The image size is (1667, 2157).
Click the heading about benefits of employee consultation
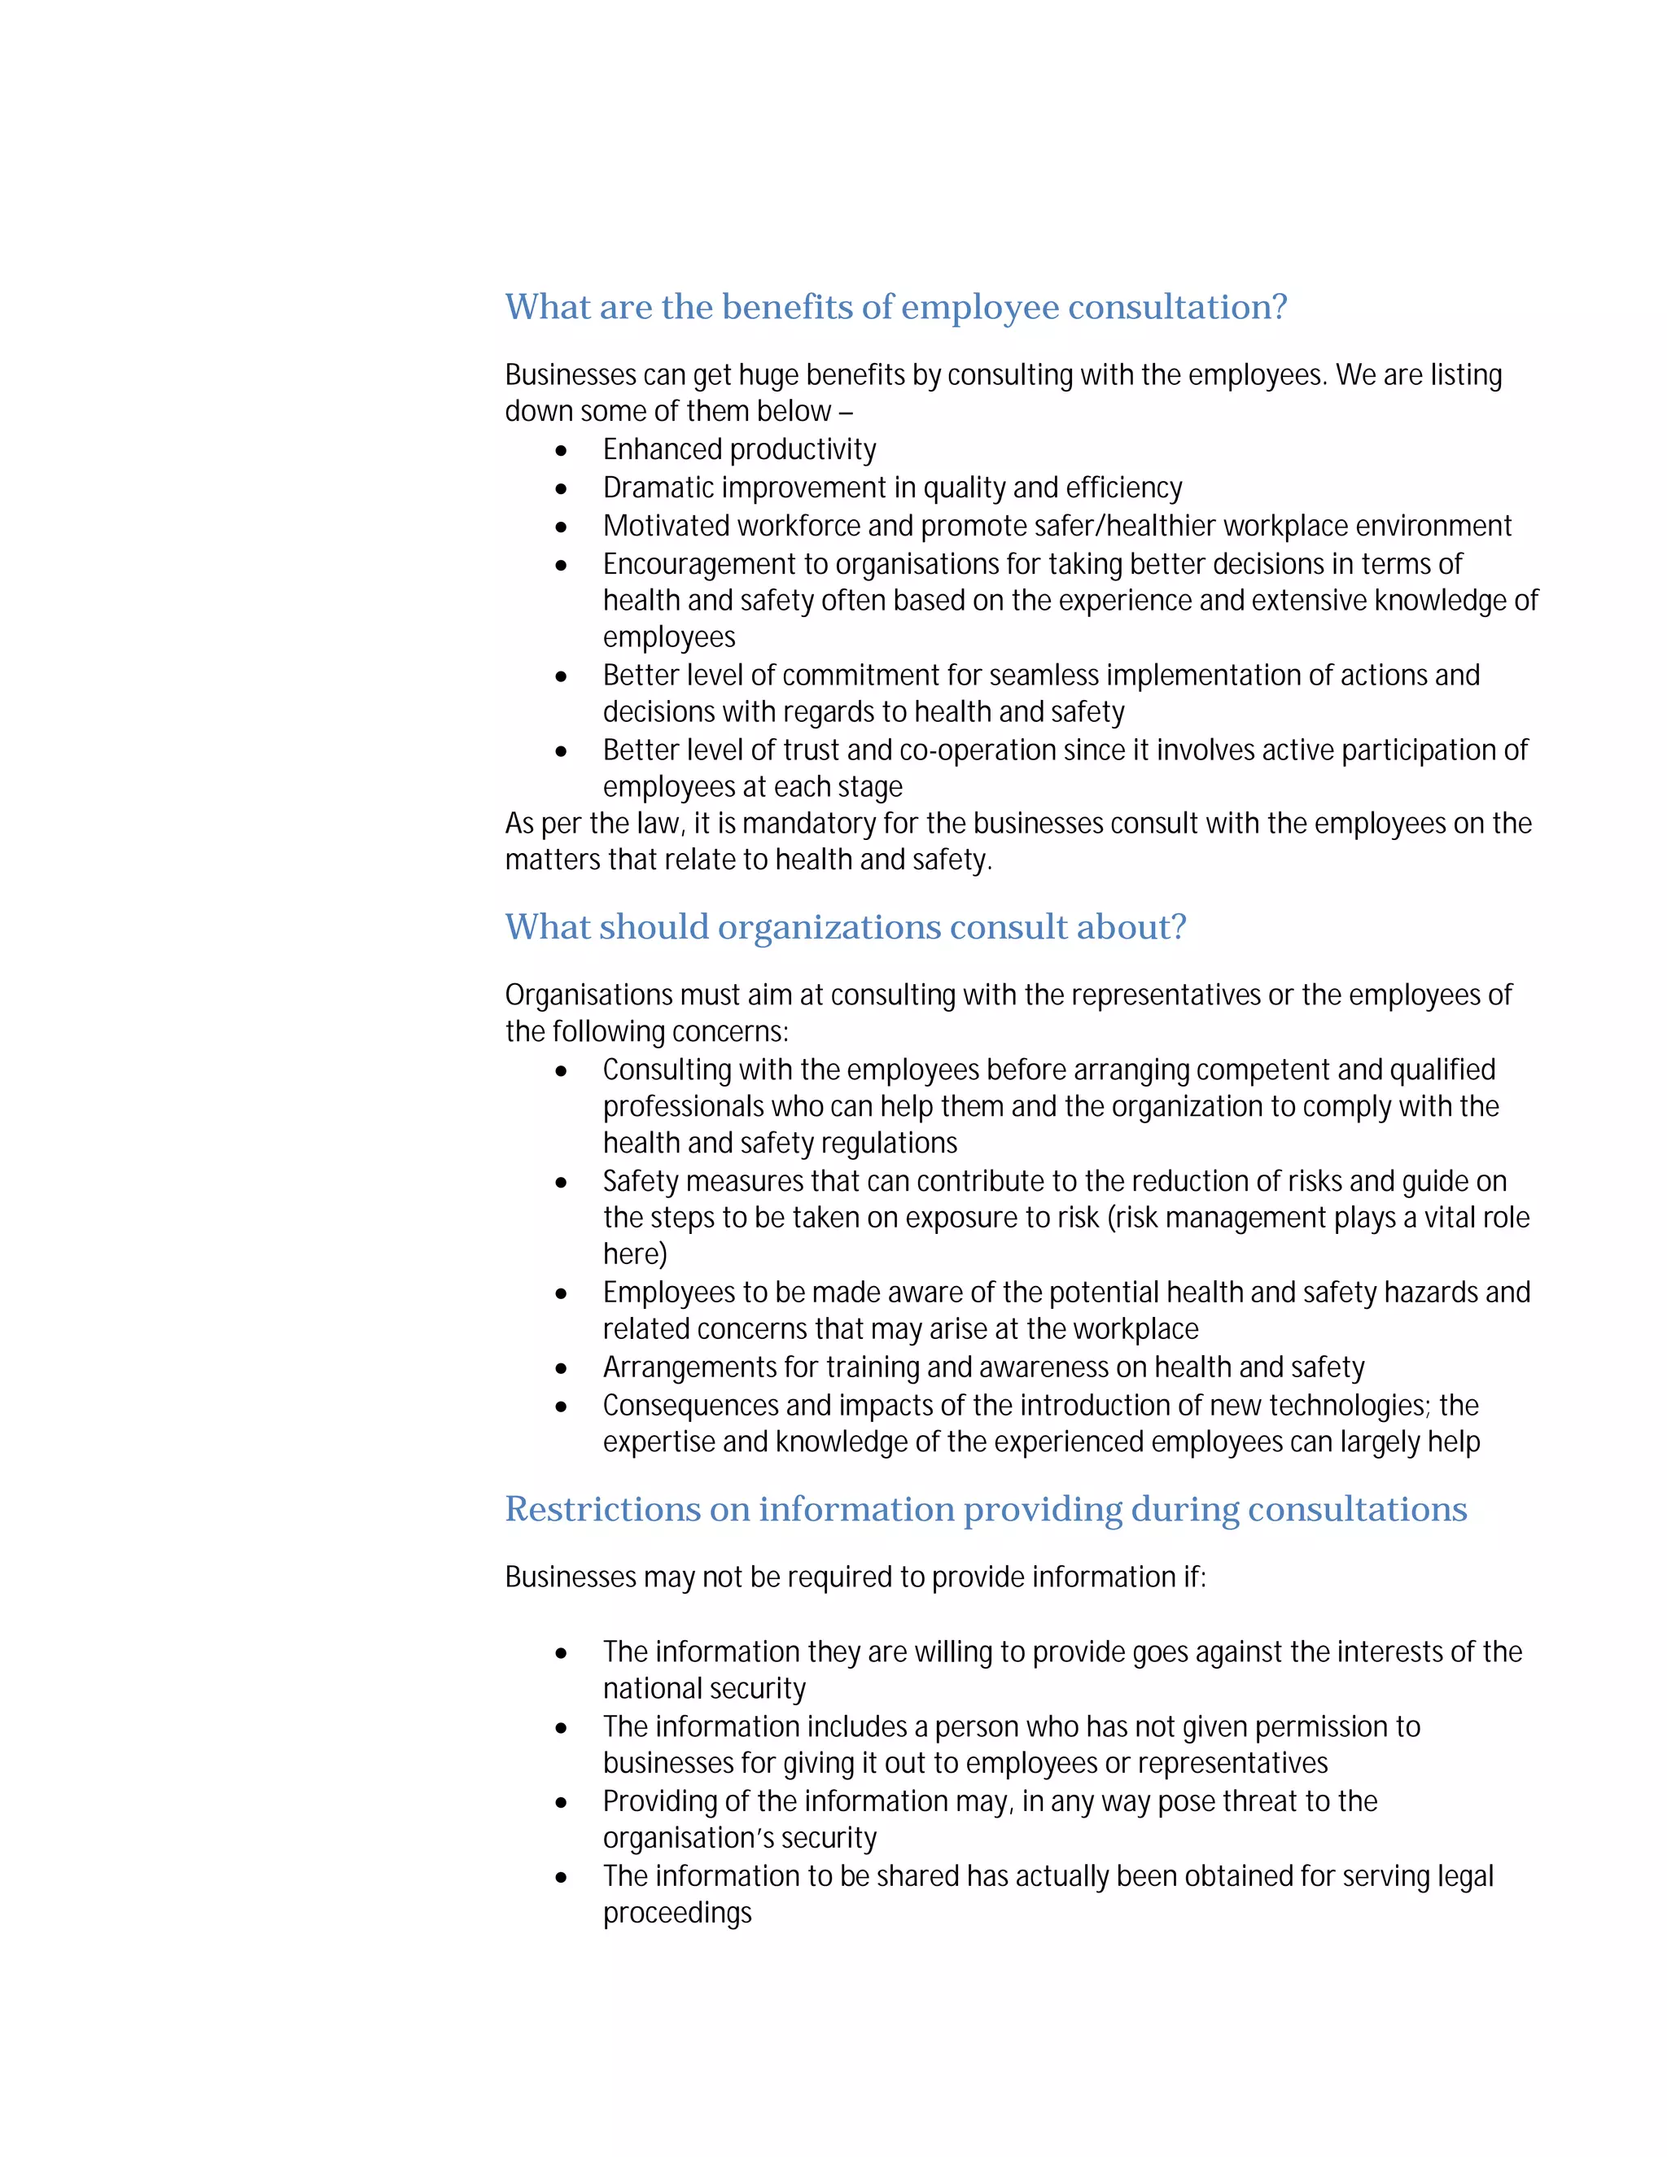[895, 307]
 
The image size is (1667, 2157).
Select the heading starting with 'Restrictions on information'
[986, 1508]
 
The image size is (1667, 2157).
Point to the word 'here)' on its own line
[635, 1255]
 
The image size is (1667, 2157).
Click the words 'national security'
[704, 1689]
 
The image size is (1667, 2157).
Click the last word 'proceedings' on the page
[677, 1913]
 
